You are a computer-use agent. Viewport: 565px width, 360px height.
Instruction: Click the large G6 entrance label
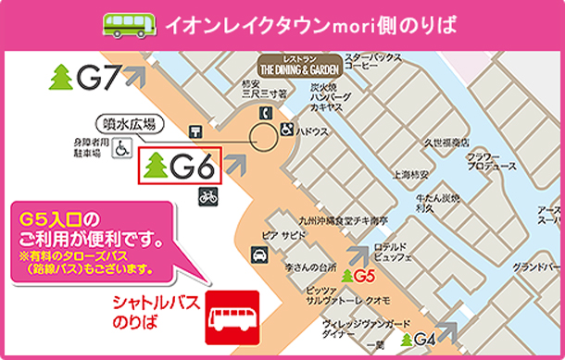[181, 167]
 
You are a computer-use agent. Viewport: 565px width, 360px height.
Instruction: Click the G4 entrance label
[420, 339]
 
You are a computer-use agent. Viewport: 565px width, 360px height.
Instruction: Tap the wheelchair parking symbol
[121, 148]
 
